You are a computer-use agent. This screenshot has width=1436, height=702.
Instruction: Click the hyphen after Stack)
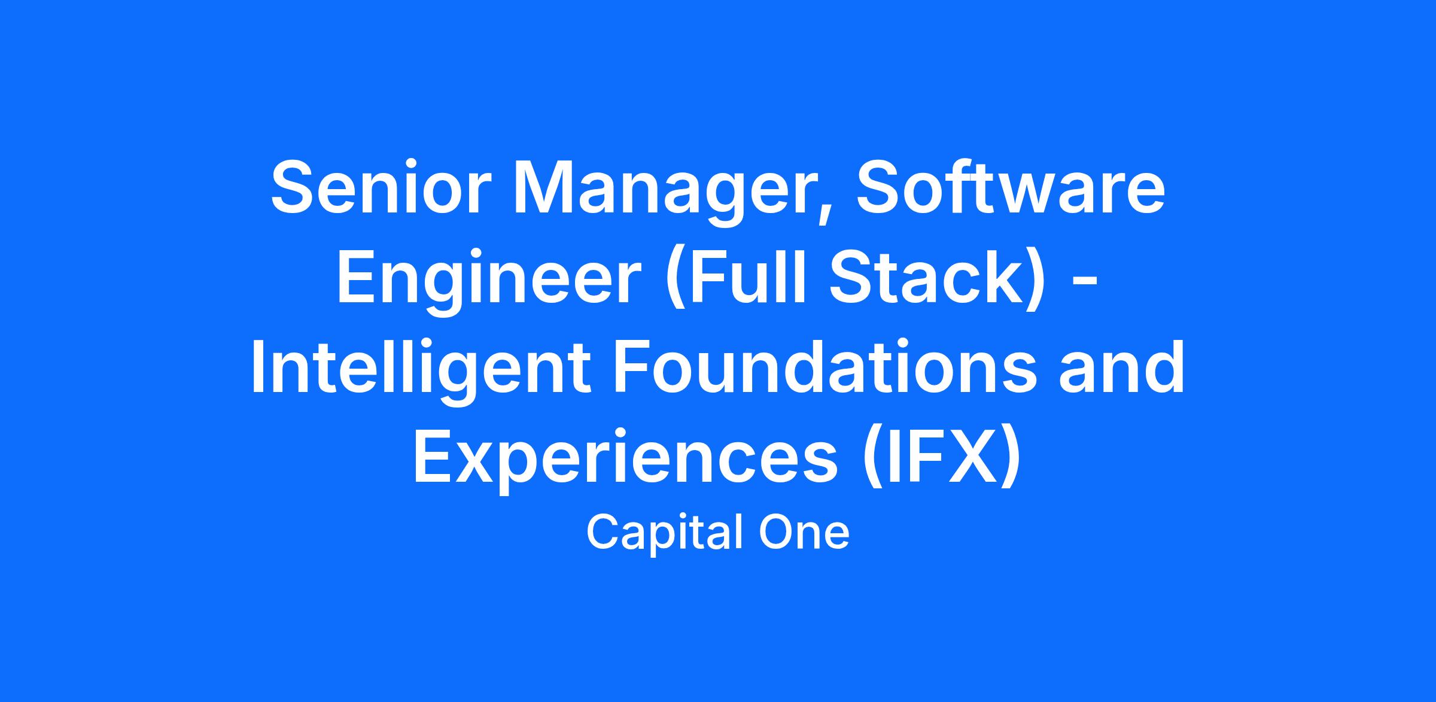(x=1084, y=283)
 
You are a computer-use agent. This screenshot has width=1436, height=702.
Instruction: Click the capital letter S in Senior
(x=295, y=186)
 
